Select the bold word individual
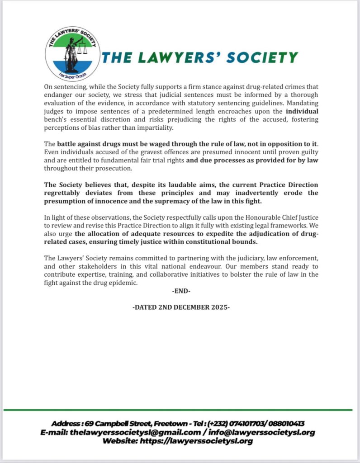pyautogui.click(x=300, y=111)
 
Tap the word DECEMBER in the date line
pyautogui.click(x=186, y=307)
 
